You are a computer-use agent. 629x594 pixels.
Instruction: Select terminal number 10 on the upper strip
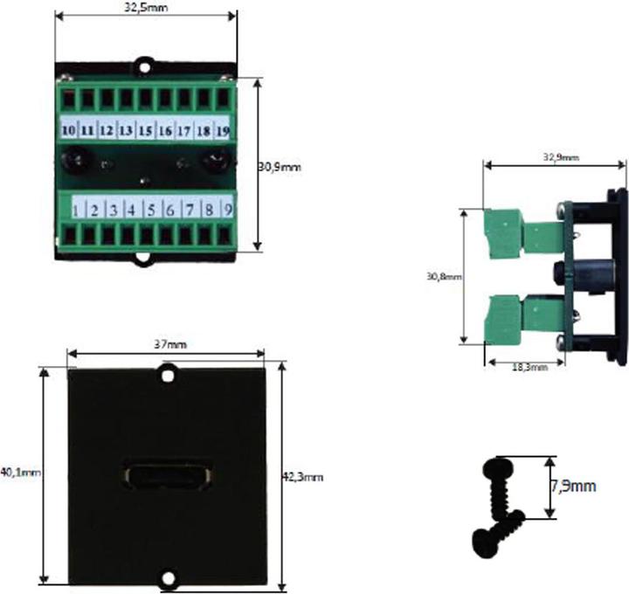coord(68,130)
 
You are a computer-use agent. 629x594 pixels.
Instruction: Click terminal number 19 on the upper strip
coord(222,130)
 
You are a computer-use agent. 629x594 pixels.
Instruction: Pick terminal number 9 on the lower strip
coord(226,210)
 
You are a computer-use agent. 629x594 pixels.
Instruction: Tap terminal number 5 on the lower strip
coord(150,210)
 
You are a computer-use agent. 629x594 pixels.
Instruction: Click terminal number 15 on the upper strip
coord(145,130)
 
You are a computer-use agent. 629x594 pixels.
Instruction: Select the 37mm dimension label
coord(166,344)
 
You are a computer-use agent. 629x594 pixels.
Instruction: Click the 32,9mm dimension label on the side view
coord(559,157)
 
